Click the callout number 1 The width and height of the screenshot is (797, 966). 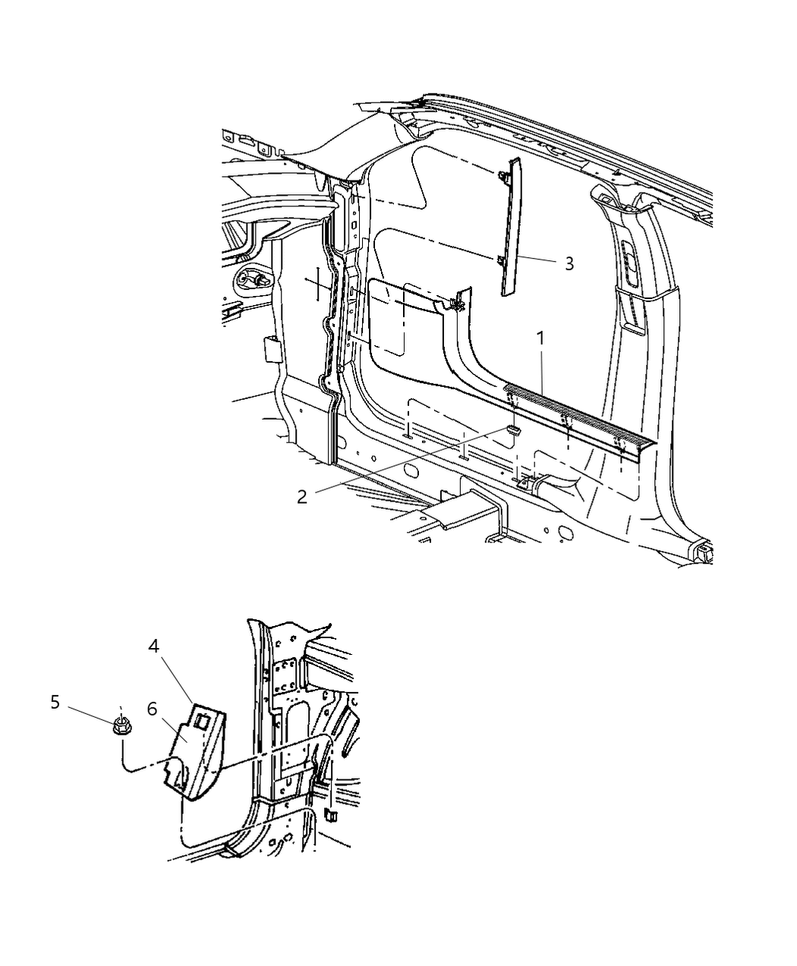(x=541, y=338)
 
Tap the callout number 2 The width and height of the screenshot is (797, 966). (x=302, y=496)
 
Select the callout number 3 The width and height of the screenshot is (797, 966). (x=569, y=263)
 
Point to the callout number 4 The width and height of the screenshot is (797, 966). (x=154, y=647)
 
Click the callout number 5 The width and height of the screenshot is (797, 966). (x=55, y=702)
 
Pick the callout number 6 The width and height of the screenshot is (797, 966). (x=152, y=709)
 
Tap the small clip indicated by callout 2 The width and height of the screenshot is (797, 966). (x=514, y=430)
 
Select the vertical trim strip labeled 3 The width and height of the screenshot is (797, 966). (x=511, y=228)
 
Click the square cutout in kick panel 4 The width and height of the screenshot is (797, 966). (x=200, y=719)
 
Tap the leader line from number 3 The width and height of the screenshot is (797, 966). (x=539, y=260)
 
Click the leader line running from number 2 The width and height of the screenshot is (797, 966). (x=402, y=463)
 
